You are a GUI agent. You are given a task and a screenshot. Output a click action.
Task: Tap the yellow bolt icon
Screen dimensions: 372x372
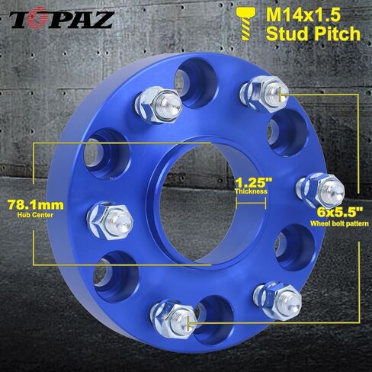click(x=246, y=24)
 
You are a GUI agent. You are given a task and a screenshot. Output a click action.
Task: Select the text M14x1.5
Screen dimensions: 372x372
click(x=303, y=14)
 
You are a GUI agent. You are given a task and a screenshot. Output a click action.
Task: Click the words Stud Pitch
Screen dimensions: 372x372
click(x=313, y=34)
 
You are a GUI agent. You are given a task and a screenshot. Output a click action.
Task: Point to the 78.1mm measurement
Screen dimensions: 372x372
click(x=36, y=205)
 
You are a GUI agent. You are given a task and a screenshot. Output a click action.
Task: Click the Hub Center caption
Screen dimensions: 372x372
click(x=35, y=215)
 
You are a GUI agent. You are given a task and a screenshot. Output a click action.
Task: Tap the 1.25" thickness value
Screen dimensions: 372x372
click(x=254, y=182)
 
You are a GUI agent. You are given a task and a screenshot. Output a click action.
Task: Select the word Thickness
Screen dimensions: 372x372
click(x=251, y=191)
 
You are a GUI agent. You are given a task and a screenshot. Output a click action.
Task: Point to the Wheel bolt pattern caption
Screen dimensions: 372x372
click(x=339, y=223)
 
